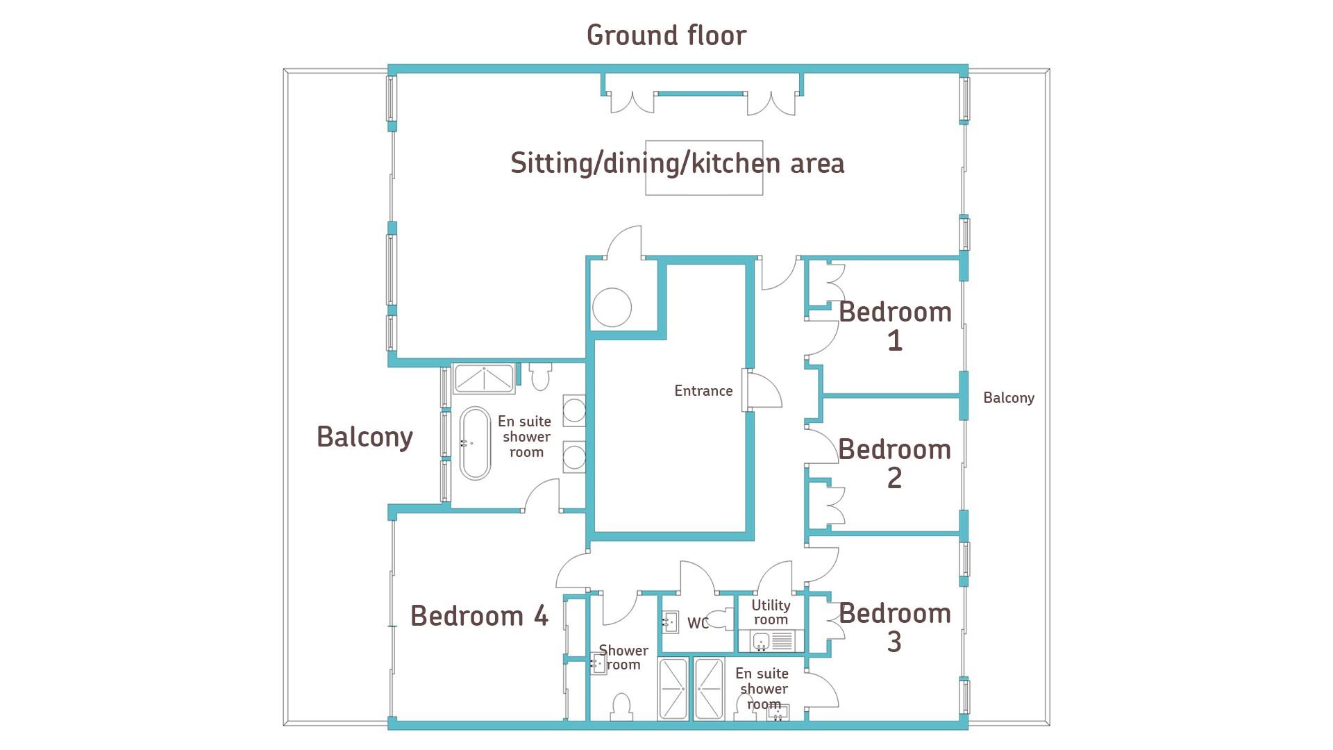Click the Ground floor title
[666, 35]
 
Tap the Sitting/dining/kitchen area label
[677, 164]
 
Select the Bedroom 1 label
[895, 326]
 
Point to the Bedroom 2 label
[895, 463]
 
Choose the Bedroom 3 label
[895, 627]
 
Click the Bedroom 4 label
[480, 616]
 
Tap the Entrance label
[703, 391]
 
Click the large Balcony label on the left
[364, 437]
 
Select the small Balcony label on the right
[1009, 398]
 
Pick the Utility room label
[771, 612]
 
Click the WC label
[698, 623]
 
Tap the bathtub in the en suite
[476, 443]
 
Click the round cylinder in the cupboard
[612, 307]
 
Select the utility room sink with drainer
[771, 641]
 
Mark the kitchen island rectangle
[704, 168]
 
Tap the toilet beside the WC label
[724, 619]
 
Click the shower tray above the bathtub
[484, 378]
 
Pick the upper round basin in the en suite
[573, 410]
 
